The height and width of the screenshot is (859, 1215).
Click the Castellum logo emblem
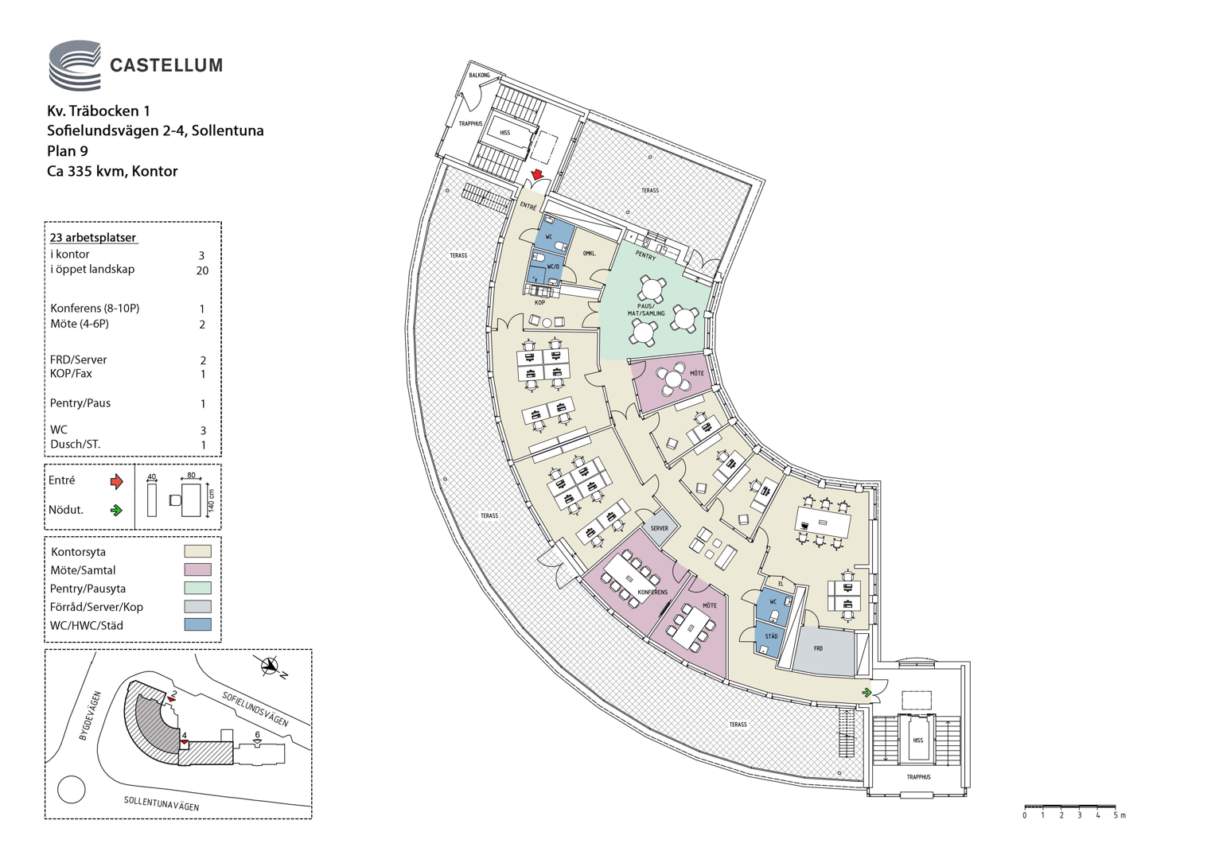point(75,65)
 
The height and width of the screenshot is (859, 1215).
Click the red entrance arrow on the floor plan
point(537,173)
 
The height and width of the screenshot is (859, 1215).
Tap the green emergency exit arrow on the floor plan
point(866,693)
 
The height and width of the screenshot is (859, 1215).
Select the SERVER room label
point(660,528)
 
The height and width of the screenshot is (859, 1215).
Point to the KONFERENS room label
point(652,593)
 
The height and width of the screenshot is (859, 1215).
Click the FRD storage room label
point(819,648)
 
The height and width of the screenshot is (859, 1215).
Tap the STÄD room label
point(771,636)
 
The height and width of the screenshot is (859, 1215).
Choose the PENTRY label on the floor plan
point(645,255)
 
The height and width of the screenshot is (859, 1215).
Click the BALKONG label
point(480,76)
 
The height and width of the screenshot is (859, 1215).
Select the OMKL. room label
point(590,253)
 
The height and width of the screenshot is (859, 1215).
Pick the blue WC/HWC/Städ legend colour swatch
point(197,624)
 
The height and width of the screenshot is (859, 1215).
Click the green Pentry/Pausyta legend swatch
point(197,588)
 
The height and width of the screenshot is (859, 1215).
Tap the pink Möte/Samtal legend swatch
point(197,569)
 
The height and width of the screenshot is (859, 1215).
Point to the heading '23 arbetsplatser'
point(93,238)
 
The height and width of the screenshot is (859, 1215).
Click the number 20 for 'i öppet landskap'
point(202,270)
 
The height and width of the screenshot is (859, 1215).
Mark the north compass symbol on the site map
point(270,666)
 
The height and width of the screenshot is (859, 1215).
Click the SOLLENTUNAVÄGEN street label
point(162,803)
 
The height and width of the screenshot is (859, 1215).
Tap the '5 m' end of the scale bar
point(1119,815)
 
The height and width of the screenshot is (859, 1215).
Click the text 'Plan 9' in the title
point(68,151)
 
